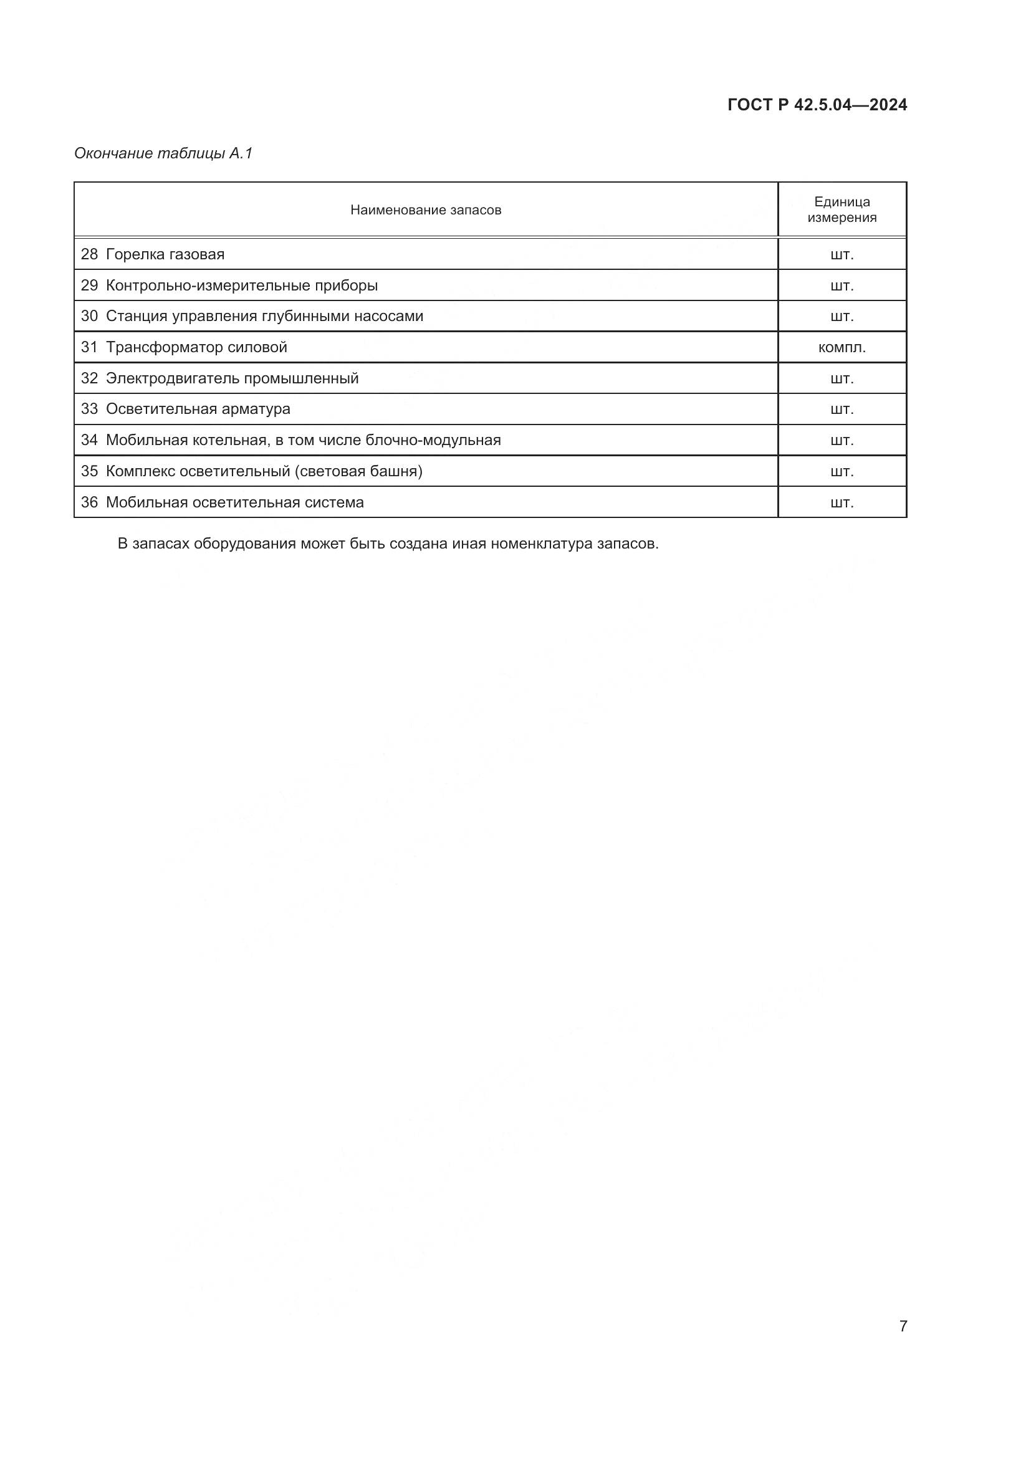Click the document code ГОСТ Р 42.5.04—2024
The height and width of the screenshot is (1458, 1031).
[817, 105]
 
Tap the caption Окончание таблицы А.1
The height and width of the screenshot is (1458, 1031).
[164, 153]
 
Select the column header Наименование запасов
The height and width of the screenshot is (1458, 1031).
[425, 210]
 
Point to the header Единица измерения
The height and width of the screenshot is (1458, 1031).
[842, 209]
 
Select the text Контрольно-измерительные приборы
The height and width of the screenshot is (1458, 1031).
[242, 285]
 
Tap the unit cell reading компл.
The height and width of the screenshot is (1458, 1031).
[842, 347]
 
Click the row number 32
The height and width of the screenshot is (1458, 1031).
[90, 378]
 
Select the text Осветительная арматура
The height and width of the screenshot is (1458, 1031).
[198, 409]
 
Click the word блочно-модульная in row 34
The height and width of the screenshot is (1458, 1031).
[434, 440]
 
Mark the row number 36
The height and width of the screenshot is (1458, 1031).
[90, 502]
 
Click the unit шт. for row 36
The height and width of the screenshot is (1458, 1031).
[842, 503]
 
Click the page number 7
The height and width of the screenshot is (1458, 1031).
[903, 1326]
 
